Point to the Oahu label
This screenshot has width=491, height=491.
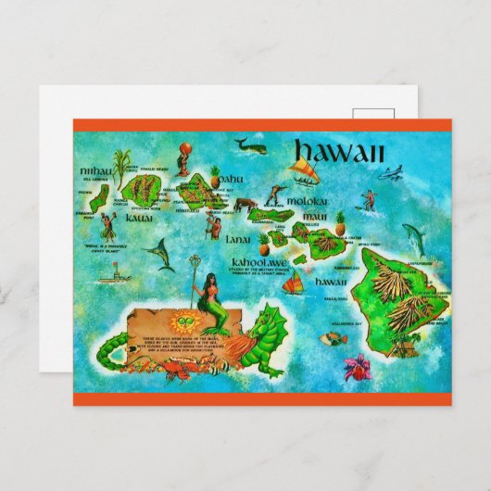[231, 178]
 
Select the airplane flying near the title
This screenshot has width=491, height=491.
[391, 172]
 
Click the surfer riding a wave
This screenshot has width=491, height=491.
[370, 198]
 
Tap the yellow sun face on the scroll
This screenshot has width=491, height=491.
[188, 322]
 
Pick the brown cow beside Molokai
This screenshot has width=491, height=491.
[244, 205]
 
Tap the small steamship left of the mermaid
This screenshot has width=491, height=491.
[111, 273]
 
